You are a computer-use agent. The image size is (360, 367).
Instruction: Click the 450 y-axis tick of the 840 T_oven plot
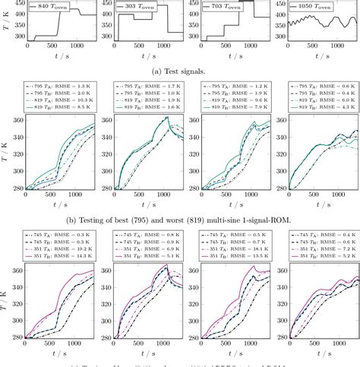tap(17, 4)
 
